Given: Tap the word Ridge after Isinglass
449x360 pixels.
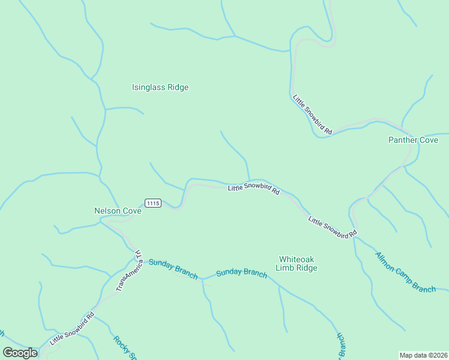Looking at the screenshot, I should pyautogui.click(x=178, y=88).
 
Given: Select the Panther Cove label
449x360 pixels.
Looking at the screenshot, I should pyautogui.click(x=413, y=140).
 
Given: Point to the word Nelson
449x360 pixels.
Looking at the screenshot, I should pyautogui.click(x=107, y=211).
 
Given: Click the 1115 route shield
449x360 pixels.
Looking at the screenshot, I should pyautogui.click(x=152, y=203).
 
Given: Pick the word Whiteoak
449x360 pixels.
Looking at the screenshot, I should pyautogui.click(x=297, y=259).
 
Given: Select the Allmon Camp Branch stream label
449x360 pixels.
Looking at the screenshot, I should pyautogui.click(x=406, y=272).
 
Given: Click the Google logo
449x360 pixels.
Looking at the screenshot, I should pyautogui.click(x=20, y=353).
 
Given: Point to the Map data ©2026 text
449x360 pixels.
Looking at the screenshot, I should pyautogui.click(x=424, y=355).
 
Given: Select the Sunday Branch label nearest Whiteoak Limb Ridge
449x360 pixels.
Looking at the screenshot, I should pyautogui.click(x=241, y=272).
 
